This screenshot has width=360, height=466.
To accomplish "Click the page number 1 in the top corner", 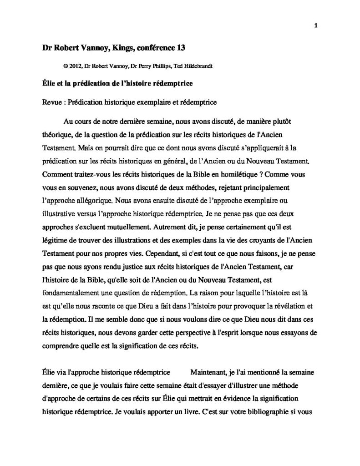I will pos(315,25).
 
